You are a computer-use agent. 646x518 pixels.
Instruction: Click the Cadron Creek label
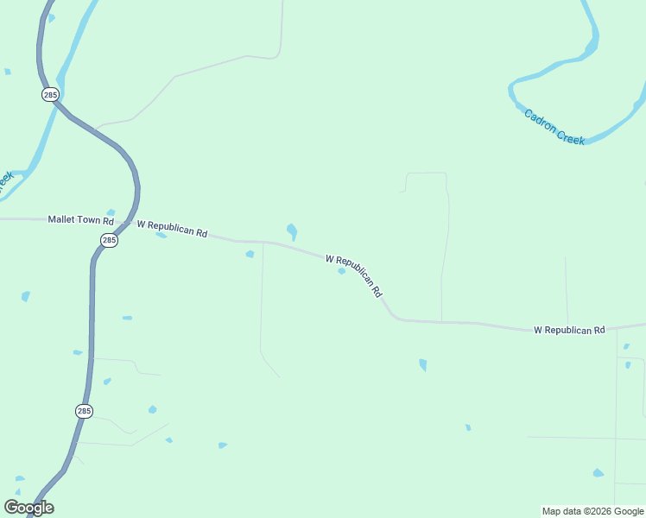554,126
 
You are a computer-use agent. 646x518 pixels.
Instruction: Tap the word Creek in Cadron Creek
570,134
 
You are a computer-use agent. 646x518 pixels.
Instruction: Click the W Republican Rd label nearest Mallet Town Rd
173,229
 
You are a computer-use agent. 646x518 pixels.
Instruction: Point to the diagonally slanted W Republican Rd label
354,275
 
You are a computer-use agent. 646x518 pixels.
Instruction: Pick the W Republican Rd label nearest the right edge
569,330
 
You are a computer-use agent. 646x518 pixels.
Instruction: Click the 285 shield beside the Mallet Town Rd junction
108,241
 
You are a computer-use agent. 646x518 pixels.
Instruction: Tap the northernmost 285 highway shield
50,94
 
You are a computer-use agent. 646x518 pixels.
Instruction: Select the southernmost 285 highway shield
84,411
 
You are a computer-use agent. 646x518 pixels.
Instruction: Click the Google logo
28,508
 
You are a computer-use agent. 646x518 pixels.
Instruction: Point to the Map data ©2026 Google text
593,511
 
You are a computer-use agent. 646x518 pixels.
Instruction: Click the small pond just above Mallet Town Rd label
111,212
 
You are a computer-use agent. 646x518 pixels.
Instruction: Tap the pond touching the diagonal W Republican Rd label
342,271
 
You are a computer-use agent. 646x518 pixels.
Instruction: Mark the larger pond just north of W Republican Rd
292,231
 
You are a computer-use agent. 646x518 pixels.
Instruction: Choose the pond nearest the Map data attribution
598,473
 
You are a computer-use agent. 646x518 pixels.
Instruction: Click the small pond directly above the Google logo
19,478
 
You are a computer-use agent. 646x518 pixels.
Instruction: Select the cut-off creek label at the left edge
5,180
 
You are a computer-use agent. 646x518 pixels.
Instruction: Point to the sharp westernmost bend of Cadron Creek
512,86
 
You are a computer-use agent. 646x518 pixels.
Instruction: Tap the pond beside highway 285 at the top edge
51,18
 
